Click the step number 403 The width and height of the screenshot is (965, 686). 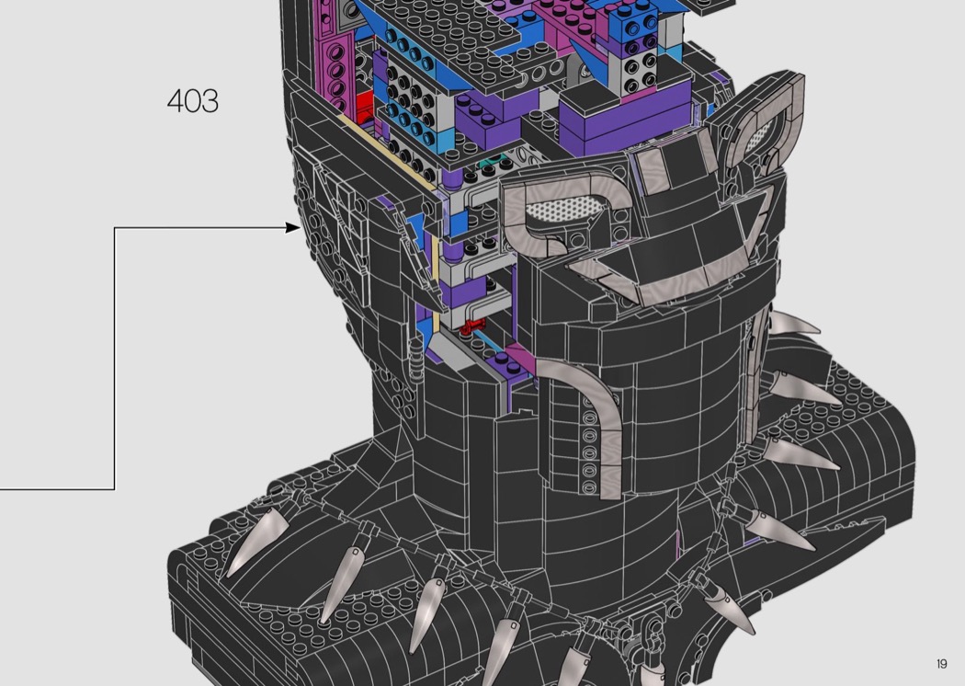[x=193, y=101]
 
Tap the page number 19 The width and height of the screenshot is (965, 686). [x=942, y=664]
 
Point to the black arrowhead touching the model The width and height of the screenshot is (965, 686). [x=293, y=228]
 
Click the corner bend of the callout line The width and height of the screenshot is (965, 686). [x=115, y=228]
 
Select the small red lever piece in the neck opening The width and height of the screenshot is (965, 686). [x=472, y=326]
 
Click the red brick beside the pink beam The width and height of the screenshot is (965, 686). [x=364, y=106]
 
